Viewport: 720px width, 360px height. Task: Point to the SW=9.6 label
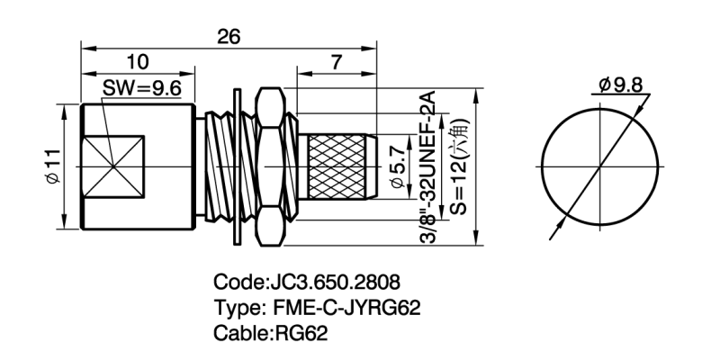(x=143, y=89)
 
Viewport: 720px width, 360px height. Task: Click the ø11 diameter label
(x=53, y=167)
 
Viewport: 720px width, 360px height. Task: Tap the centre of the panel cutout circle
(x=600, y=167)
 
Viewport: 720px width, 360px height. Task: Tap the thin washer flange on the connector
(x=237, y=167)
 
